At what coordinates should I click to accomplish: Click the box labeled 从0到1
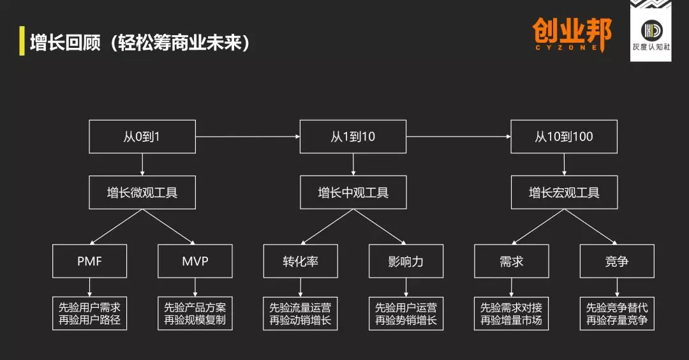coord(142,136)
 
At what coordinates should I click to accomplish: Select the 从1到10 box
coord(353,136)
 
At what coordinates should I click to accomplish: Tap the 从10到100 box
coord(564,136)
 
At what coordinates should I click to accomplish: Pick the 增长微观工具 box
coord(142,192)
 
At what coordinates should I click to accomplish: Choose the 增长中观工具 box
coord(353,192)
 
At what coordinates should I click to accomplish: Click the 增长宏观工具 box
coord(564,192)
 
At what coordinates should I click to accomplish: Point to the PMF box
coord(89,261)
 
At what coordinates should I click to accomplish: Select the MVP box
coord(195,261)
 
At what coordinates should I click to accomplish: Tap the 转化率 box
coord(300,261)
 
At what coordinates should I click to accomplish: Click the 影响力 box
coord(406,261)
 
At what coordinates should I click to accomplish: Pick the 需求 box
coord(512,261)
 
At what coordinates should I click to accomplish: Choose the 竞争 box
coord(617,261)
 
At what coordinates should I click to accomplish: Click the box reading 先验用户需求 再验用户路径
coord(89,313)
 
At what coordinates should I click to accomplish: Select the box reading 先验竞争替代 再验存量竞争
coord(617,313)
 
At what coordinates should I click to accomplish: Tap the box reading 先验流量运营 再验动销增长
coord(300,313)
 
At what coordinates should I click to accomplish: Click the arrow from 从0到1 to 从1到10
coord(248,136)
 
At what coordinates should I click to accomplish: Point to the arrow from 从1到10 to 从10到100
coord(459,136)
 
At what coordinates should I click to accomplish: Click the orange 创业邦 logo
coord(572,34)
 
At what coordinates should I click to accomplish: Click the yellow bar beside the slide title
coord(22,41)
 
